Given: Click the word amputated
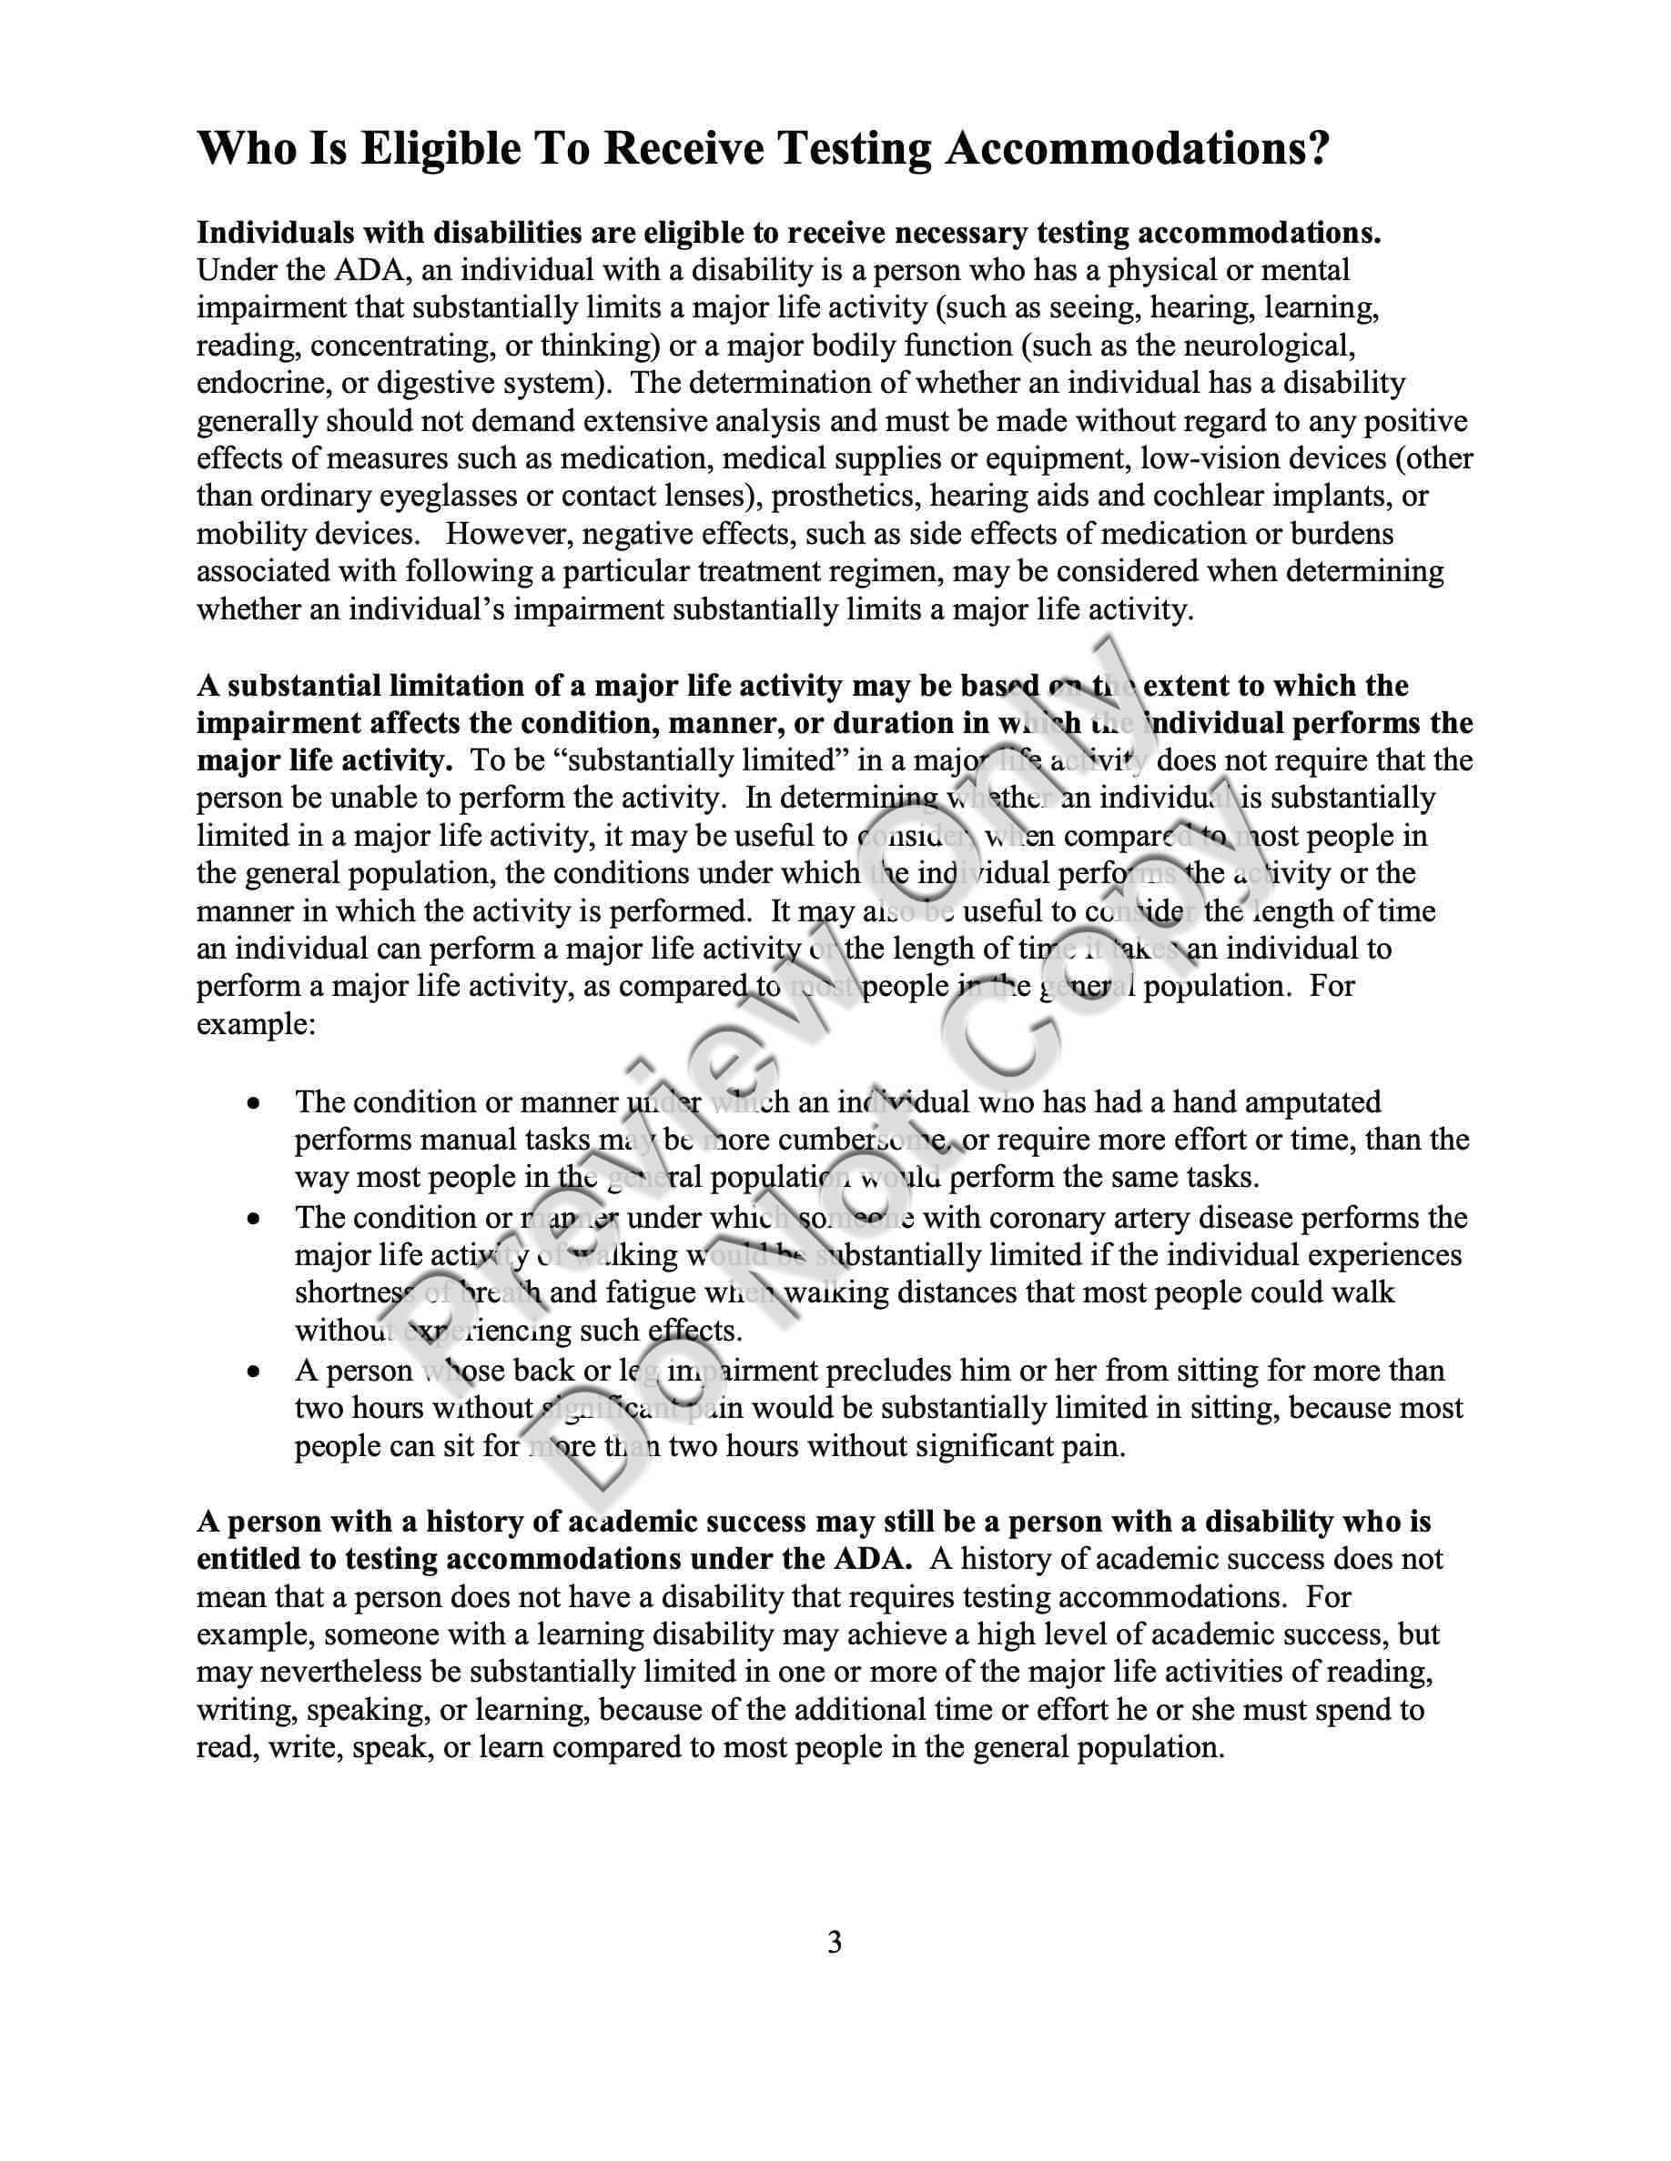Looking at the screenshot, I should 1313,1102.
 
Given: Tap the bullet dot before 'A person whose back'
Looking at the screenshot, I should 255,1372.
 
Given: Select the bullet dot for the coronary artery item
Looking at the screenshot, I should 255,1220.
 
